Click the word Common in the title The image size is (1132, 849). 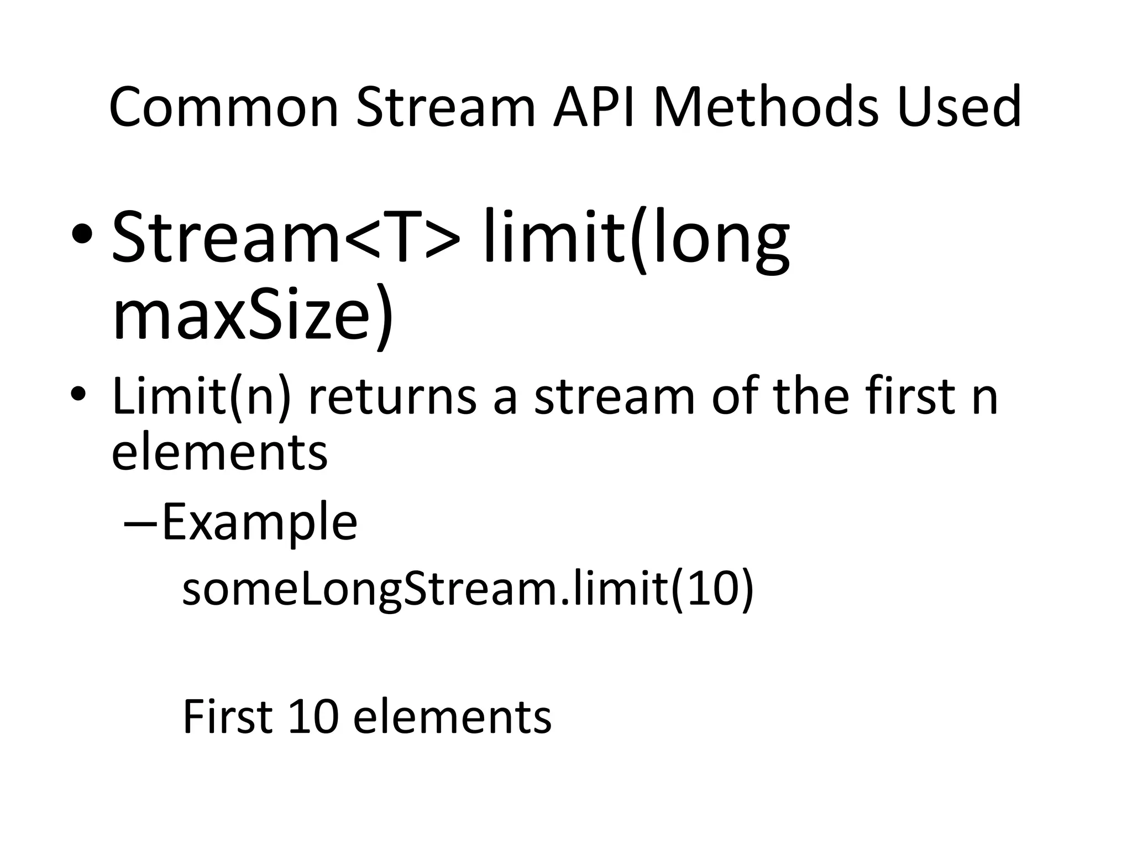[x=223, y=107]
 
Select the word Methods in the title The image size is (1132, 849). [x=766, y=107]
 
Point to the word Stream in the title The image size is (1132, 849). [x=446, y=107]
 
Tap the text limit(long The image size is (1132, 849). [x=636, y=238]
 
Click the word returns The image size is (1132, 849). [x=392, y=396]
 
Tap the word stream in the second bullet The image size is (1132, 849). [x=614, y=396]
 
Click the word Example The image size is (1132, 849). [x=259, y=522]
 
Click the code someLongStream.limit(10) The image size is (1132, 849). [x=468, y=590]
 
